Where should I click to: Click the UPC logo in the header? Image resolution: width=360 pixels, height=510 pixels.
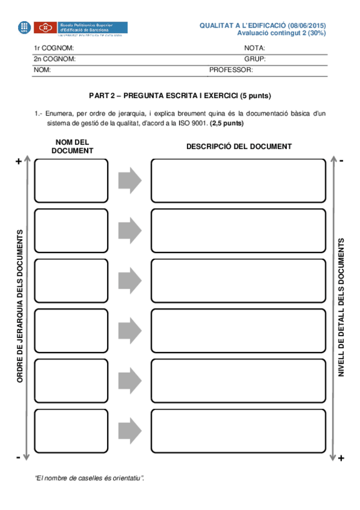pyautogui.click(x=25, y=27)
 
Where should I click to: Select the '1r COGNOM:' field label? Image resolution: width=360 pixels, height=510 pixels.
pyautogui.click(x=53, y=48)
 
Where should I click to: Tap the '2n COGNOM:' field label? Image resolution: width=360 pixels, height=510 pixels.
pyautogui.click(x=54, y=59)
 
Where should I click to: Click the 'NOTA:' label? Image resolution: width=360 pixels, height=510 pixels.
pyautogui.click(x=255, y=48)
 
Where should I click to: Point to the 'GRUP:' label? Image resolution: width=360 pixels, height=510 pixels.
pyautogui.click(x=255, y=59)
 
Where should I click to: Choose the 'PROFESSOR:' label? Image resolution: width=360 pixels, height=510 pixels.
pyautogui.click(x=231, y=70)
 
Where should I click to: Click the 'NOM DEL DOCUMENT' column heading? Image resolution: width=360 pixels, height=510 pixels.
pyautogui.click(x=72, y=146)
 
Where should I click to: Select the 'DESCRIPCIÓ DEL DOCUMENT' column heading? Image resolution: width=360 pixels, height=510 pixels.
pyautogui.click(x=239, y=146)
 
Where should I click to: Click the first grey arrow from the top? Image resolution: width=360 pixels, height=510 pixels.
pyautogui.click(x=129, y=180)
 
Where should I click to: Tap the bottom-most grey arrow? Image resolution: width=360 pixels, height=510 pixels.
pyautogui.click(x=129, y=430)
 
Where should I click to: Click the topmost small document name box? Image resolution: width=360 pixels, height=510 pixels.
pyautogui.click(x=72, y=180)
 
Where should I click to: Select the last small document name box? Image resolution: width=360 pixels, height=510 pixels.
pyautogui.click(x=72, y=430)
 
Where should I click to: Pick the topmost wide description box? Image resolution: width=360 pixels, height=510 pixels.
pyautogui.click(x=239, y=180)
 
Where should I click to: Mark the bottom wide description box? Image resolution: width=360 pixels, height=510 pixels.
pyautogui.click(x=239, y=430)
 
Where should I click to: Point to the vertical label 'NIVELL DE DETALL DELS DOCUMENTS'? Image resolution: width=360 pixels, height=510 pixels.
pyautogui.click(x=341, y=307)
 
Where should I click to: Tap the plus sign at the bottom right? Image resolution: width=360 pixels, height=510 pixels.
pyautogui.click(x=341, y=458)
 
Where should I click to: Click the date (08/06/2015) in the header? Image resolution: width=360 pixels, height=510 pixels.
pyautogui.click(x=307, y=25)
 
